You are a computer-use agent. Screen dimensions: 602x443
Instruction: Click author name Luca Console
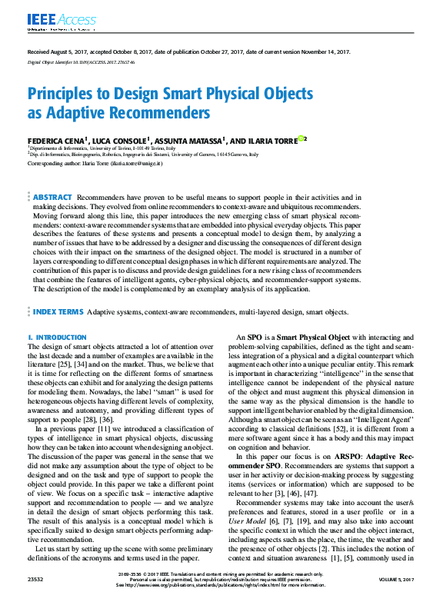point(121,141)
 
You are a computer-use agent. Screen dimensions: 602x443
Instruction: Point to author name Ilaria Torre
point(268,141)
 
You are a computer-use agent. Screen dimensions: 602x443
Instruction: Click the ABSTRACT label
point(52,198)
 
